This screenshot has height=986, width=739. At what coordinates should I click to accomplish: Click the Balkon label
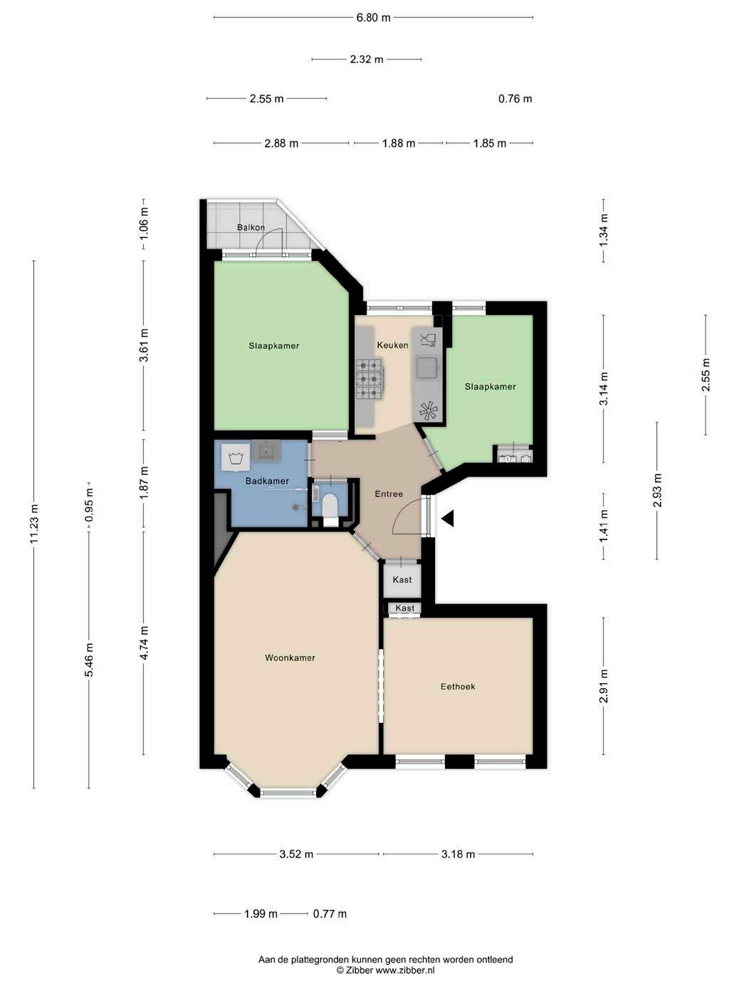(x=251, y=227)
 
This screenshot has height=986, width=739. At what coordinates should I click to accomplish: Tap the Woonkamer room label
(x=290, y=658)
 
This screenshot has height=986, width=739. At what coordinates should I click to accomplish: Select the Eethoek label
(x=458, y=686)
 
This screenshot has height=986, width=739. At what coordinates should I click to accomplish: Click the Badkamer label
(x=267, y=481)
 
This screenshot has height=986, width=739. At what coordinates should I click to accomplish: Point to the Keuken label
(x=392, y=345)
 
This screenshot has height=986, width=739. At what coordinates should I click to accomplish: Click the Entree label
(x=389, y=494)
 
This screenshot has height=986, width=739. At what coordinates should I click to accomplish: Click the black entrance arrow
(x=448, y=519)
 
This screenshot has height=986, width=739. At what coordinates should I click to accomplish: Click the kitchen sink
(x=426, y=368)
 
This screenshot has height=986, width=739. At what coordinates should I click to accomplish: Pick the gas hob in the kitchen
(x=369, y=379)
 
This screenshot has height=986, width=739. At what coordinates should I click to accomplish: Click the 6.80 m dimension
(x=373, y=18)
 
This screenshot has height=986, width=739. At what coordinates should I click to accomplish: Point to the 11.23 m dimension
(x=34, y=524)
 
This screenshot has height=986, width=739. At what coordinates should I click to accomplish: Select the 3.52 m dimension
(x=296, y=854)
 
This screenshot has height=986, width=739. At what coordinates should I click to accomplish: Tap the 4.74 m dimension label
(x=144, y=643)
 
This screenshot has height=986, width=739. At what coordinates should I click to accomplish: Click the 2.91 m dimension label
(x=604, y=686)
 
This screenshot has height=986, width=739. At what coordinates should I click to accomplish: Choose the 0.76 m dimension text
(x=515, y=99)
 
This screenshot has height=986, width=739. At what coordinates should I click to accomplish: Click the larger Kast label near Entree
(x=402, y=579)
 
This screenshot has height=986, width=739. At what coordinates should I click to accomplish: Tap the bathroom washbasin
(x=266, y=450)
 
